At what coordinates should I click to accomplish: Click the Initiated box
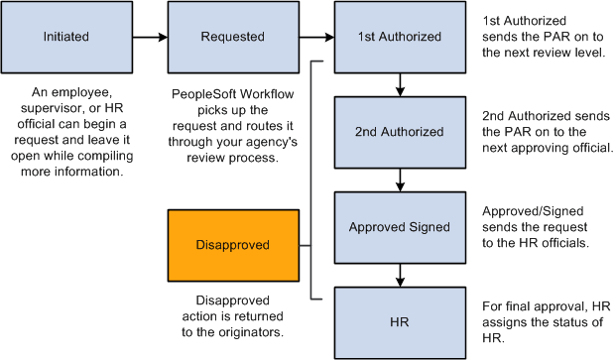[66, 38]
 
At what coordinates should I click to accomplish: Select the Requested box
[233, 38]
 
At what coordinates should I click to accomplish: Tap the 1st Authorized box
[399, 38]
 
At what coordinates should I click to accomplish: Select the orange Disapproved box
[233, 244]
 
